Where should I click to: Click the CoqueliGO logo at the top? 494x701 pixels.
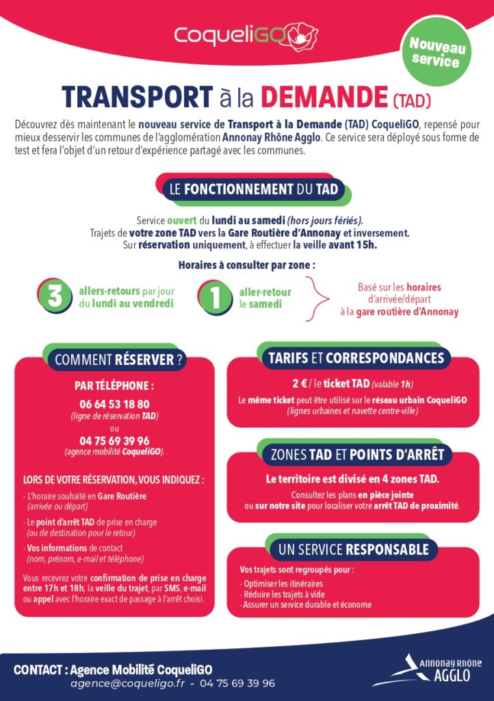click(246, 34)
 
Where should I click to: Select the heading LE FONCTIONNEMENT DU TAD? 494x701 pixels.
click(254, 190)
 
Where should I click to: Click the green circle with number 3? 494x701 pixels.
click(54, 296)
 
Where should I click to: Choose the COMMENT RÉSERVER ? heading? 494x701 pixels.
click(118, 359)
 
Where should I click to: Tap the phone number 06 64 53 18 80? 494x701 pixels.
click(114, 404)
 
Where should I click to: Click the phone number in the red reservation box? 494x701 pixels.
click(114, 441)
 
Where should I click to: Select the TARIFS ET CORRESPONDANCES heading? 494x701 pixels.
click(356, 358)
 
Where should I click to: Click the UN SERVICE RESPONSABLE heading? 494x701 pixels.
click(353, 549)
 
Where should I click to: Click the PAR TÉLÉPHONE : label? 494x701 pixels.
click(114, 385)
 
